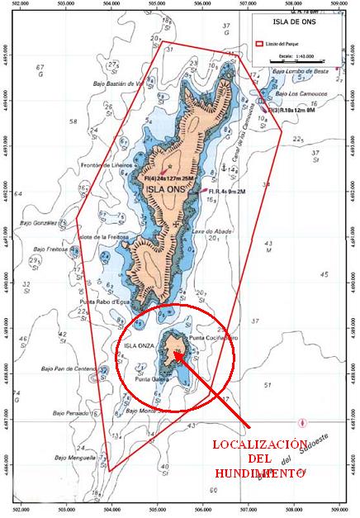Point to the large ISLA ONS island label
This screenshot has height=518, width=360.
click(x=165, y=188)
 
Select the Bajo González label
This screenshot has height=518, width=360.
click(x=39, y=223)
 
